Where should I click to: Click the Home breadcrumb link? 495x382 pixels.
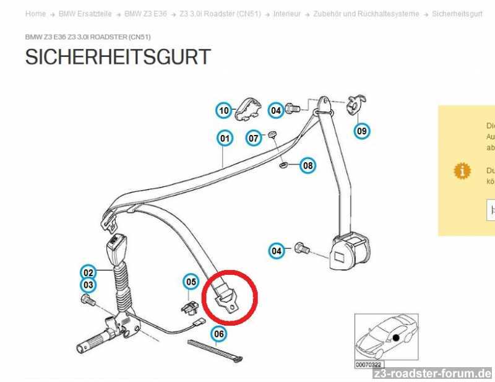[x=35, y=14]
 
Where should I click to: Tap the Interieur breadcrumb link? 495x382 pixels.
[x=286, y=14]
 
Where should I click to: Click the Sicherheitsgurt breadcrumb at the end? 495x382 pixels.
[x=457, y=14]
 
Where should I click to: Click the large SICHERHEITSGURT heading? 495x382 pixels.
[x=118, y=57]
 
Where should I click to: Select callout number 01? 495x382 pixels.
[x=224, y=139]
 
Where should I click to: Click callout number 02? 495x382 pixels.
[x=88, y=272]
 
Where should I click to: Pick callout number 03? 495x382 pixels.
[x=88, y=285]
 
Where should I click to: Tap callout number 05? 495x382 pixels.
[x=191, y=282]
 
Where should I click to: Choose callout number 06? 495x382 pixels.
[x=218, y=334]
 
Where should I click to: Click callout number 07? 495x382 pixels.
[x=254, y=138]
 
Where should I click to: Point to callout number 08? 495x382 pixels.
[x=308, y=165]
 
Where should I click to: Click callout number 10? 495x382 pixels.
[x=223, y=111]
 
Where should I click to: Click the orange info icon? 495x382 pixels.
[x=461, y=170]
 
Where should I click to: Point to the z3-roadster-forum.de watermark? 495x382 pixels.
[x=432, y=373]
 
